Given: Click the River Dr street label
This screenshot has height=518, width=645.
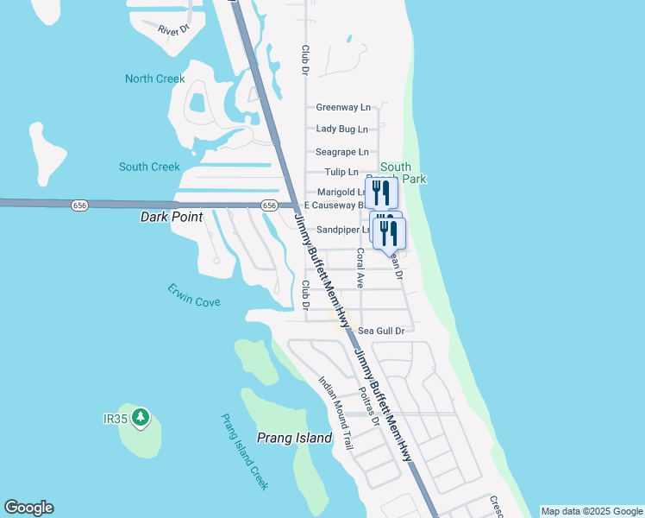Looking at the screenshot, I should click(172, 30).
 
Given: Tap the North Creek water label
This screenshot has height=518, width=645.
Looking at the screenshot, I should click(155, 79).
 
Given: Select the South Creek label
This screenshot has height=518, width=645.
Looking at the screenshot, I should click(149, 167).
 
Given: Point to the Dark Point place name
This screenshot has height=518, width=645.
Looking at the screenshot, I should click(172, 218).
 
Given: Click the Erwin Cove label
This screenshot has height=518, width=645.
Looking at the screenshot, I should click(194, 295).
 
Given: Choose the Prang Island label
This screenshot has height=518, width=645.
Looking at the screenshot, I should click(295, 438).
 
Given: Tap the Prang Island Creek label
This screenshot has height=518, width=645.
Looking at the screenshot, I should click(244, 452).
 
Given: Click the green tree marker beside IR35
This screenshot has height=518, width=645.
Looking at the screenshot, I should click(141, 419).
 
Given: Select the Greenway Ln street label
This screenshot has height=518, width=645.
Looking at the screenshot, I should click(343, 108).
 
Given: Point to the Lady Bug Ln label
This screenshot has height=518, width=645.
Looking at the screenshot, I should click(342, 129).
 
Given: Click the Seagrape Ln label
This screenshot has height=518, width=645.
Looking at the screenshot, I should click(342, 151).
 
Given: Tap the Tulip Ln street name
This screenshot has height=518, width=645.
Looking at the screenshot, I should click(341, 172).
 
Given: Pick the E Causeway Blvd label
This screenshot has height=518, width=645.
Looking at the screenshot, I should click(334, 205).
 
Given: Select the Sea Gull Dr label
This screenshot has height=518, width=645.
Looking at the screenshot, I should click(381, 330).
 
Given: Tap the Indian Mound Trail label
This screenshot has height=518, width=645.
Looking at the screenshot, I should click(336, 414).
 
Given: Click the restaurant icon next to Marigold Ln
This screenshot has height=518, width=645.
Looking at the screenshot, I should click(381, 192).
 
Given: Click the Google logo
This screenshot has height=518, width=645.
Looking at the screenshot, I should click(28, 508).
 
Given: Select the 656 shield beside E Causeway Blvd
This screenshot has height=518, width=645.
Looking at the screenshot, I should click(269, 205).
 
